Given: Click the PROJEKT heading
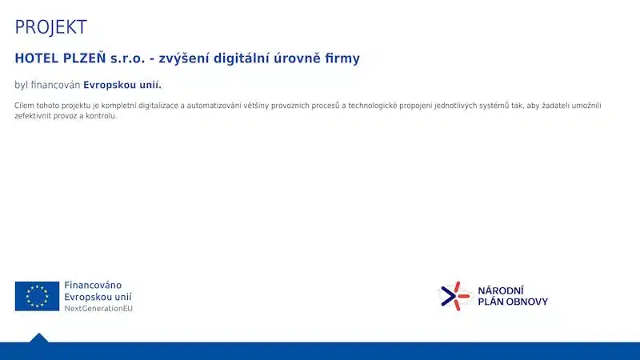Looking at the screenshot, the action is (50, 27).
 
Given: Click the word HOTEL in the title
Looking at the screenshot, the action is (37, 58).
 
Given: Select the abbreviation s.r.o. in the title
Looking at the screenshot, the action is (128, 58).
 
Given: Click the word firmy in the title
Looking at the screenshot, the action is (342, 58).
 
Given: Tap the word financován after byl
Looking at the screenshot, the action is (55, 85).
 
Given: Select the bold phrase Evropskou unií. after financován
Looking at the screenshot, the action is (122, 86).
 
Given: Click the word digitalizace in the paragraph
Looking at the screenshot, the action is (158, 106).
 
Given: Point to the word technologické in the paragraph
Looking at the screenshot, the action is (373, 106).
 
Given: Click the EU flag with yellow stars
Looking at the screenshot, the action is (37, 296).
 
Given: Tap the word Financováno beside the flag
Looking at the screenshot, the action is (93, 285).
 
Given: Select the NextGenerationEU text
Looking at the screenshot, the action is (98, 309).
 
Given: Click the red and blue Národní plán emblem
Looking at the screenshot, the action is (454, 296).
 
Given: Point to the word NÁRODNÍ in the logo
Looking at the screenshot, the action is (501, 290).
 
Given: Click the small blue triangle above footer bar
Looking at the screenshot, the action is (38, 338).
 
